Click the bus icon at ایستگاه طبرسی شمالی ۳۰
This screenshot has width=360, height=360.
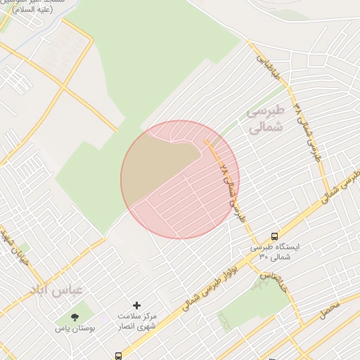coord(274,236)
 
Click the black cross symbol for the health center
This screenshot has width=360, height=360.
coord(136,305)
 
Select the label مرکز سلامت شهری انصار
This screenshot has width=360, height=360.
coord(137,321)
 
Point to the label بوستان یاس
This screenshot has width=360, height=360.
coord(77,328)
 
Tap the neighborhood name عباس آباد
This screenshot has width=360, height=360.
coord(56,289)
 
